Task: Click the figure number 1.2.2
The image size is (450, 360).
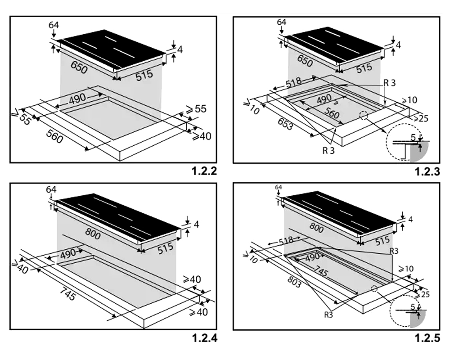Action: pyautogui.click(x=204, y=171)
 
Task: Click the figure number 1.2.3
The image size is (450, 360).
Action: pyautogui.click(x=427, y=171)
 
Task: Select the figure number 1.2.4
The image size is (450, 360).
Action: pyautogui.click(x=204, y=338)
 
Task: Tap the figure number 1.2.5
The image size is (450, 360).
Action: pyautogui.click(x=427, y=338)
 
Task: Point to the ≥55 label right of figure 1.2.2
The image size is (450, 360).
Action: pyautogui.click(x=196, y=109)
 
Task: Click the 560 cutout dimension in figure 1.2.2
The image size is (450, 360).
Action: pyautogui.click(x=54, y=136)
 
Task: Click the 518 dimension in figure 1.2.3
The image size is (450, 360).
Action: pyautogui.click(x=293, y=82)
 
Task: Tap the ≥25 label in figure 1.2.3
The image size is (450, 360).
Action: pyautogui.click(x=420, y=118)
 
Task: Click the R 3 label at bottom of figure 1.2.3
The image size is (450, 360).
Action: pyautogui.click(x=328, y=150)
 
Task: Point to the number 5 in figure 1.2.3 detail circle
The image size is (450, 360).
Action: pyautogui.click(x=413, y=138)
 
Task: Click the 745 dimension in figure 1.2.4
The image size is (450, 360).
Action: pyautogui.click(x=68, y=294)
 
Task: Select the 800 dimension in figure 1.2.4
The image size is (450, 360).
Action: pyautogui.click(x=93, y=234)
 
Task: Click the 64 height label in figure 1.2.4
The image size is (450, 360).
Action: pyautogui.click(x=51, y=189)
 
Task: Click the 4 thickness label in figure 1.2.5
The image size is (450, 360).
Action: pyautogui.click(x=410, y=219)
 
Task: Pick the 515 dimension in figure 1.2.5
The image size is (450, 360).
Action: pyautogui.click(x=382, y=240)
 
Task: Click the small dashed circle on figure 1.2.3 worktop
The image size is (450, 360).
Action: pyautogui.click(x=363, y=115)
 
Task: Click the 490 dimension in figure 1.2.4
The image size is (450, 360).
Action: pyautogui.click(x=68, y=254)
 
